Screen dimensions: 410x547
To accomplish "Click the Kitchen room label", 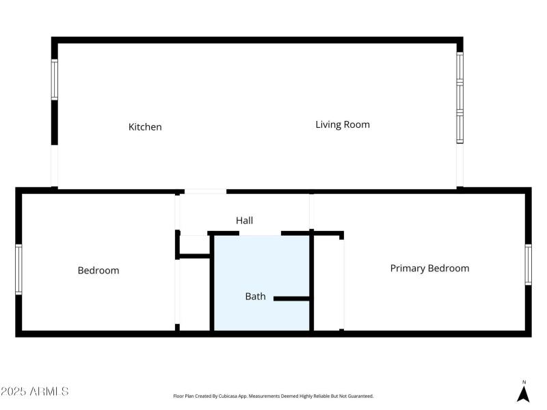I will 145,127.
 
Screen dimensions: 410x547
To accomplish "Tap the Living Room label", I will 342,124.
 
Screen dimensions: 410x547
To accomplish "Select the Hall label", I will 244,221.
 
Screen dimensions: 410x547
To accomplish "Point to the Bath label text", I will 255,297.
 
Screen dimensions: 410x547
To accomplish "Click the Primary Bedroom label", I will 429,269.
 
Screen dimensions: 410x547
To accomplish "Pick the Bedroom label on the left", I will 98,271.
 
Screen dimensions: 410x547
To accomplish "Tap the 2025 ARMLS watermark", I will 35,392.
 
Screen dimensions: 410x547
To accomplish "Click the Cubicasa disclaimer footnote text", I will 273,396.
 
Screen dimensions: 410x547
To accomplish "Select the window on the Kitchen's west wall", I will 55,80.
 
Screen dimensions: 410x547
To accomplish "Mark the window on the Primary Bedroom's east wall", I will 528,264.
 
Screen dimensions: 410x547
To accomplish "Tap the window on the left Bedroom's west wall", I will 19,269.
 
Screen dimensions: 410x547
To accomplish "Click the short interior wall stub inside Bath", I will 292,299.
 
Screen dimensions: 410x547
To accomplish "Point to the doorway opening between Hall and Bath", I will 260,234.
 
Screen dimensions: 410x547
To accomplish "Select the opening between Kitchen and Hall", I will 205,191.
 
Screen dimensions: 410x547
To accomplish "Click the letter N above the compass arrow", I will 524,382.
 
